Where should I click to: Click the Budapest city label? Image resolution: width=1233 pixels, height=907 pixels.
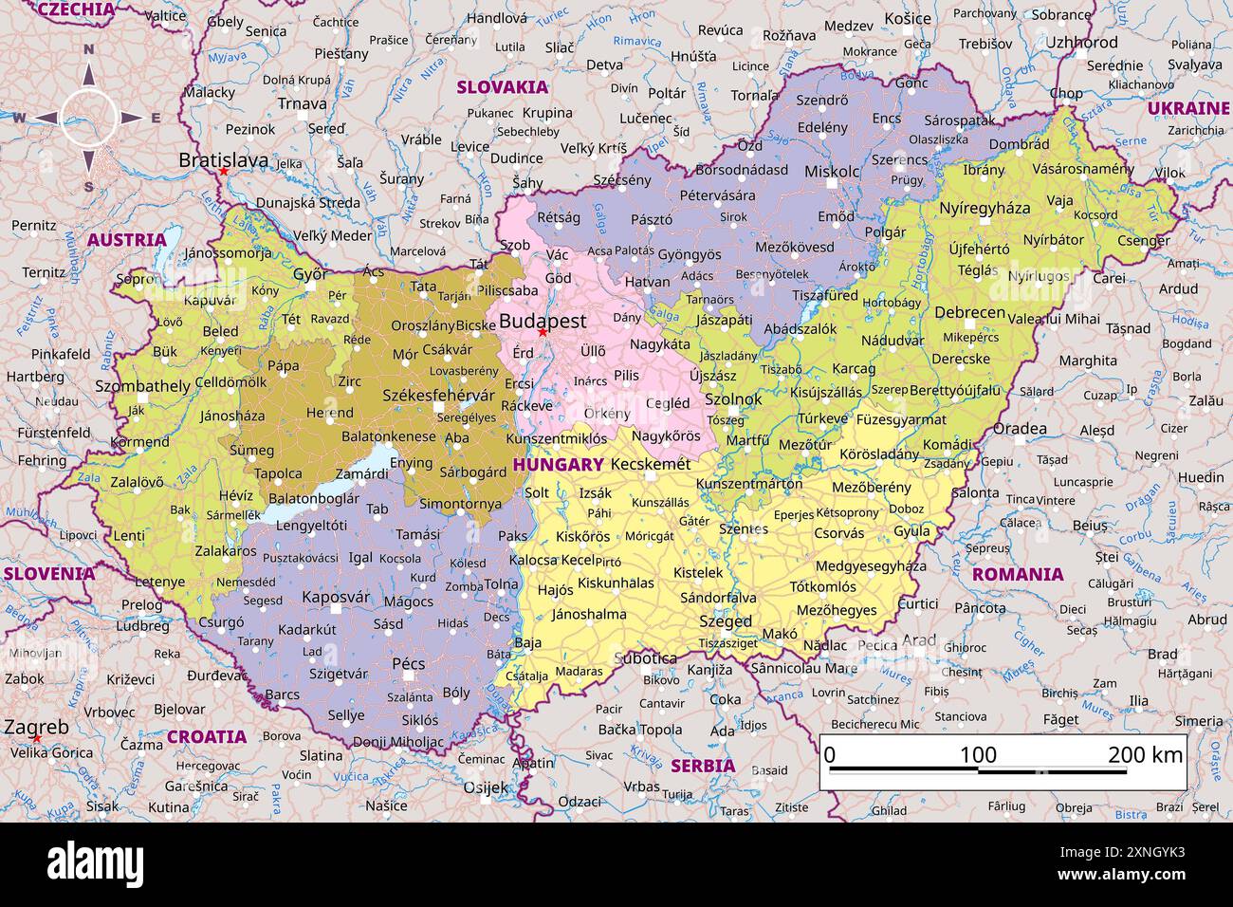click(x=543, y=321)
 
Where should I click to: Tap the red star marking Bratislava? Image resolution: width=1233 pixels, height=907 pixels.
click(x=223, y=172)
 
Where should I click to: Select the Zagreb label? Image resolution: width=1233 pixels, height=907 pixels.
click(x=36, y=727)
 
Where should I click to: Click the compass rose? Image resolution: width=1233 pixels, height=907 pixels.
click(x=89, y=119)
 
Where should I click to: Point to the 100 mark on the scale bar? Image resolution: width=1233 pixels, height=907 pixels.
click(x=978, y=754)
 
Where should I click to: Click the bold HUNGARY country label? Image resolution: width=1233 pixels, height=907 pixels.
click(x=558, y=464)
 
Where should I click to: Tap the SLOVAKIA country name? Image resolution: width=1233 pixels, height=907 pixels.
click(x=502, y=87)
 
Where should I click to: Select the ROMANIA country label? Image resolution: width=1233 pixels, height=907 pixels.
click(x=1018, y=574)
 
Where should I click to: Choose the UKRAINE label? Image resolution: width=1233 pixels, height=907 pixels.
click(x=1187, y=108)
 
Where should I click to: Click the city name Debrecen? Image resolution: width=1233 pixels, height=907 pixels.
click(x=969, y=312)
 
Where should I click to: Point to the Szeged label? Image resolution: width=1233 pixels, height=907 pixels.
click(x=725, y=621)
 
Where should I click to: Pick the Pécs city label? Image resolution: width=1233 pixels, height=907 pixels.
click(x=409, y=663)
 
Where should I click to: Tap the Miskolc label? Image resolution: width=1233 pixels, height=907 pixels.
click(x=831, y=172)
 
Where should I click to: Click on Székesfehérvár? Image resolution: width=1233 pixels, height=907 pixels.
click(x=438, y=395)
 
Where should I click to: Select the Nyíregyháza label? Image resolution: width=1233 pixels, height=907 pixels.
click(x=984, y=208)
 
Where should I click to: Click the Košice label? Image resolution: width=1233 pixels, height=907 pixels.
click(x=907, y=19)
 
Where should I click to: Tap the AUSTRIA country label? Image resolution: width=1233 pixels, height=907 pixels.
click(x=126, y=240)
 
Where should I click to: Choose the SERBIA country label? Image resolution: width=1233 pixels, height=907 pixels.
click(x=703, y=766)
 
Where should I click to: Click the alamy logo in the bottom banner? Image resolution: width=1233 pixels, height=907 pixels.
click(x=95, y=864)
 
